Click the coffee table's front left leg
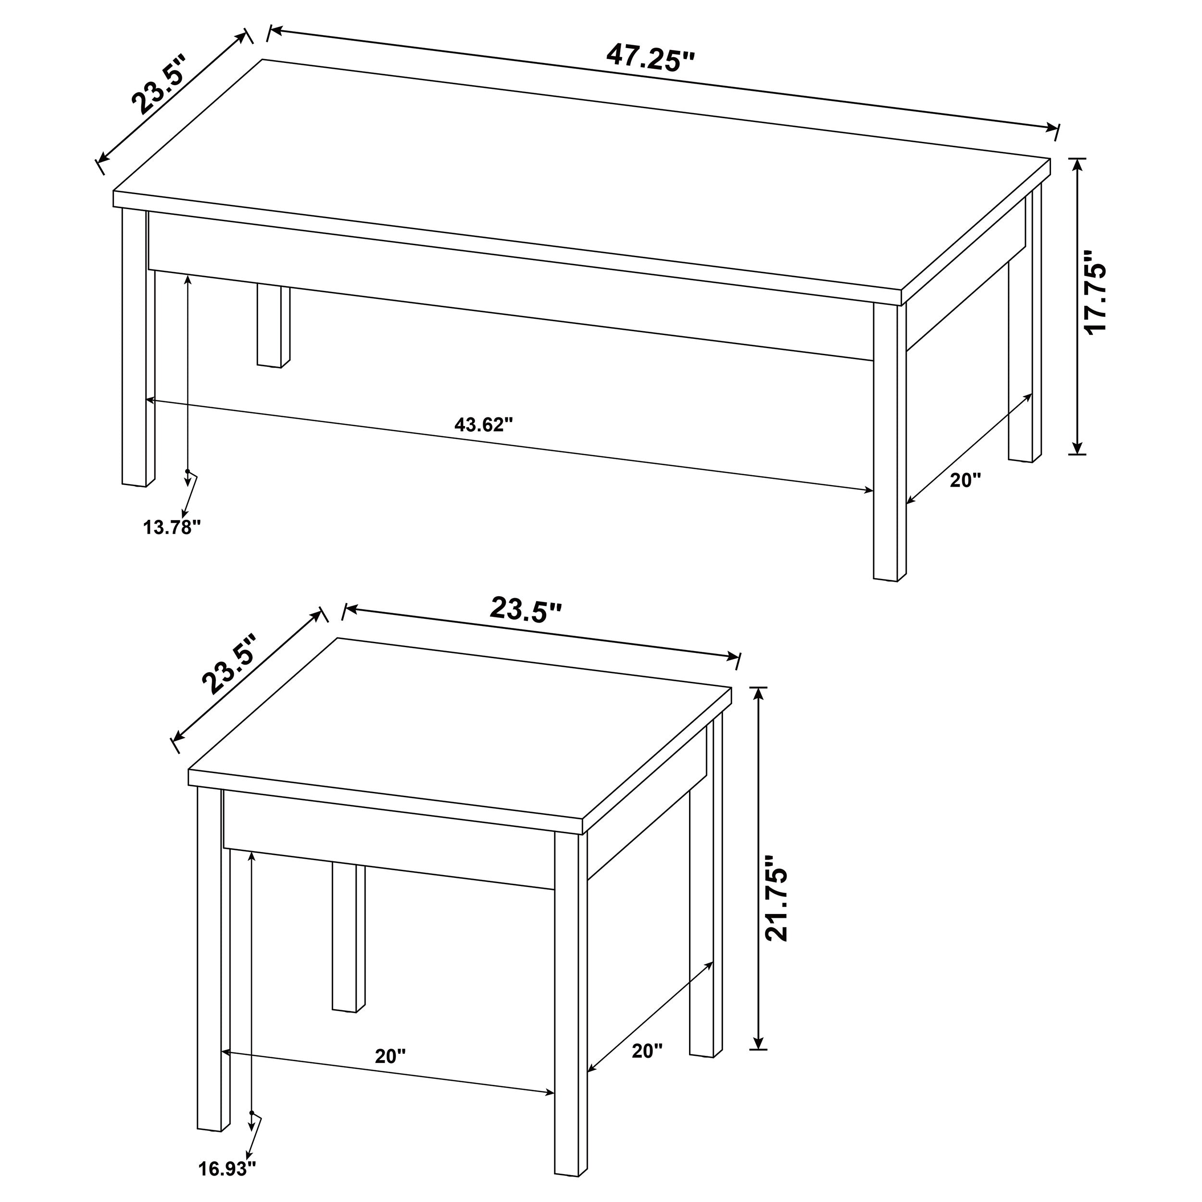click(138, 349)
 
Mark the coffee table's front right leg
click(889, 442)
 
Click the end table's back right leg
click(705, 902)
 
